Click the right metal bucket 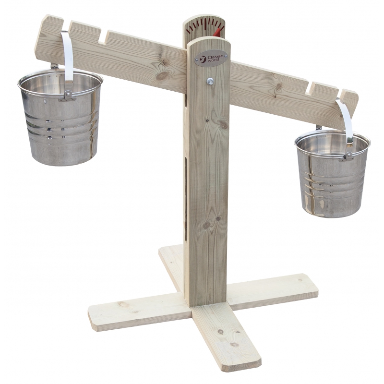coord(333,174)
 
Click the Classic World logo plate coord(211,59)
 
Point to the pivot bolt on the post coord(210,81)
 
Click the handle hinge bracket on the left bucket coord(67,97)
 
